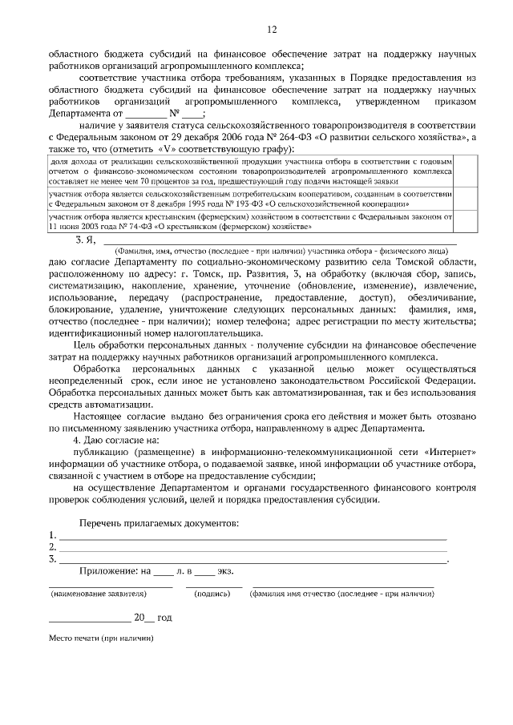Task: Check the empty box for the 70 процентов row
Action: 467,171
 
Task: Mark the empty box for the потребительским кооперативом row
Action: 467,199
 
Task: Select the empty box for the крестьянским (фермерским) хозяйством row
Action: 467,221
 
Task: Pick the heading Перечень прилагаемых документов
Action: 159,522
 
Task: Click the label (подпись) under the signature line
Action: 213,595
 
